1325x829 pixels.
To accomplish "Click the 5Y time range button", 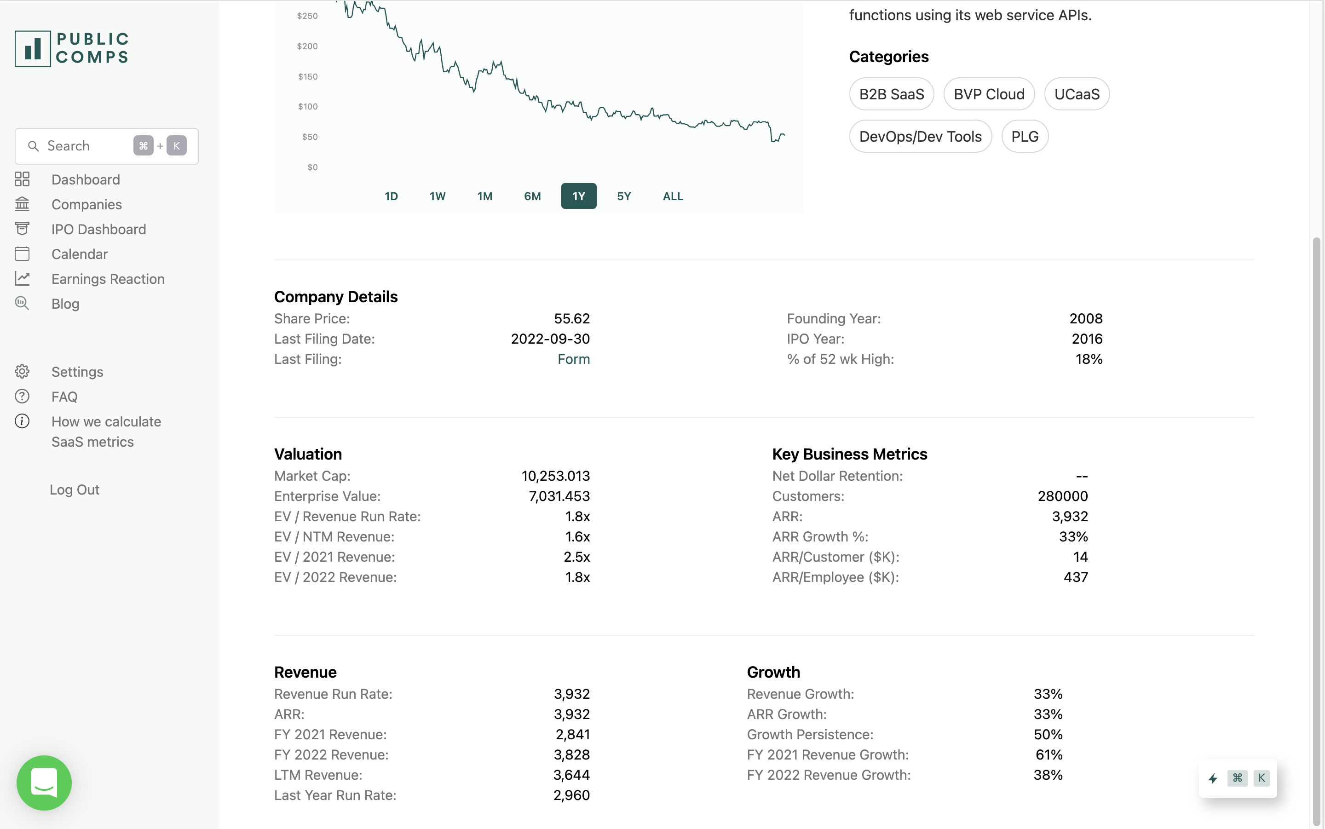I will tap(624, 196).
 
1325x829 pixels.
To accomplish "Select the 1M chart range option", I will tap(484, 196).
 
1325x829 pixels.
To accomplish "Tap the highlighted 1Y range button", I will tap(578, 196).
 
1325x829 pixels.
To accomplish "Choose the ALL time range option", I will tap(673, 196).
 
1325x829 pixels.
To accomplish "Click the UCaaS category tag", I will tap(1077, 94).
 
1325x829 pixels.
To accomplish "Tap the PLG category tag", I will tap(1024, 137).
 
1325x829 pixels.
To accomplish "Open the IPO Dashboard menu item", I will tap(98, 229).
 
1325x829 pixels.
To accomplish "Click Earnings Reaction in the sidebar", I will tap(108, 279).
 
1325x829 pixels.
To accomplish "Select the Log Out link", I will tap(75, 489).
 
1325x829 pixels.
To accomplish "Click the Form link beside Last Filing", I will tap(573, 359).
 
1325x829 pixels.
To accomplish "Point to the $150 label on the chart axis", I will tap(307, 77).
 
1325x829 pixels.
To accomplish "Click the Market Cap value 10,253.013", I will tap(555, 476).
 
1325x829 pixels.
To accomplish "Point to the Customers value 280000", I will tap(1062, 496).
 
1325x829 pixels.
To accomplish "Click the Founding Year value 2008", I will tap(1085, 318).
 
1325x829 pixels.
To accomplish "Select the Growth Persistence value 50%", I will tap(1048, 735).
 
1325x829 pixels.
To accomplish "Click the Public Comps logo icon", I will tap(33, 49).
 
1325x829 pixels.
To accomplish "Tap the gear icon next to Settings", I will tap(22, 372).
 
